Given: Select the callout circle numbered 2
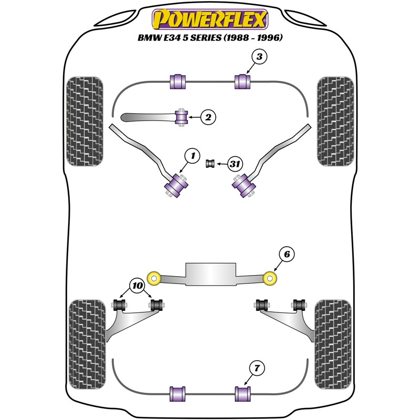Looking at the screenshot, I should coord(208,118).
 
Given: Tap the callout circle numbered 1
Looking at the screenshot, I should coord(193,155).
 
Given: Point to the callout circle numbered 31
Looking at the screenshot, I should coord(235,165).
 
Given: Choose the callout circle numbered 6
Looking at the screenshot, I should coord(286,255).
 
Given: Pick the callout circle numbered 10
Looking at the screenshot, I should coord(138,286).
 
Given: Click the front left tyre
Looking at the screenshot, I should coord(83,121).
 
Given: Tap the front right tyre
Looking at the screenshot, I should coord(335,121).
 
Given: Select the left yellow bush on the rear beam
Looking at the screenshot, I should coord(154,278).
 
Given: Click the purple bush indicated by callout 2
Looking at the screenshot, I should coord(182,117).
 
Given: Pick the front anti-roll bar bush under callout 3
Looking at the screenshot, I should coord(243,82).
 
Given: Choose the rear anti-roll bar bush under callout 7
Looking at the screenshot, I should coord(243,393).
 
